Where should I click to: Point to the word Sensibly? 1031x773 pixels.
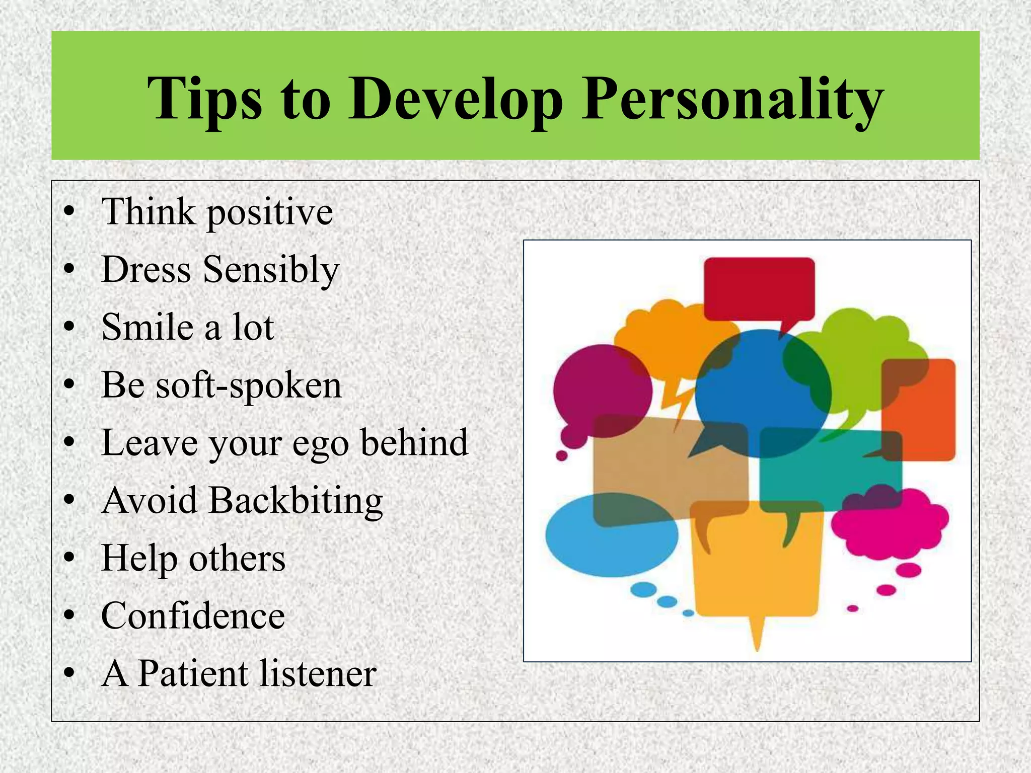(271, 270)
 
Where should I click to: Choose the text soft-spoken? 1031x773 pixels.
(249, 386)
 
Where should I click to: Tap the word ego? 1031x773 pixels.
(320, 444)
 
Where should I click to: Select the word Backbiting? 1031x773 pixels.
(296, 501)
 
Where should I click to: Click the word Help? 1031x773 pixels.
(139, 559)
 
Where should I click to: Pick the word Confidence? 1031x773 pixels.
(193, 616)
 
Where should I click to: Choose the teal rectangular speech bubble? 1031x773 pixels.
(831, 478)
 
